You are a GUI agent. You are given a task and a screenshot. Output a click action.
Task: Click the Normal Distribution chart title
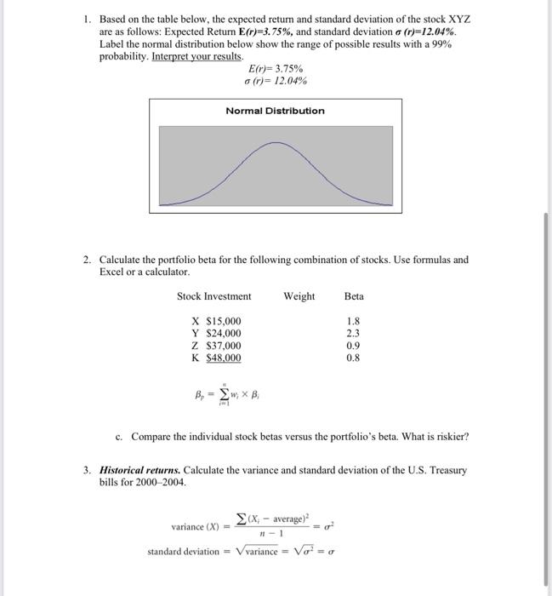[x=275, y=111]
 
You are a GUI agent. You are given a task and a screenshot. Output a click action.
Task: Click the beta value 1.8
[x=354, y=321]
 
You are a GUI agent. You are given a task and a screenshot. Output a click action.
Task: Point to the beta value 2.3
[x=354, y=334]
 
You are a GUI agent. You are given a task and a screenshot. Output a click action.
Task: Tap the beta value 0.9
[x=354, y=346]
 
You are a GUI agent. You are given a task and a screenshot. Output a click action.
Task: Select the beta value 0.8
[x=354, y=358]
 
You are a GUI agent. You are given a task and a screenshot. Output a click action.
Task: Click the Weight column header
[x=299, y=296]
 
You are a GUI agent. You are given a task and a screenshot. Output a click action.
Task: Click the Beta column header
[x=354, y=296]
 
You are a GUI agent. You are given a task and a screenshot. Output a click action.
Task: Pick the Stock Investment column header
[x=213, y=296]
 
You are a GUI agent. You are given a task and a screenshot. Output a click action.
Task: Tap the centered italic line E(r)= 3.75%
[x=275, y=68]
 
